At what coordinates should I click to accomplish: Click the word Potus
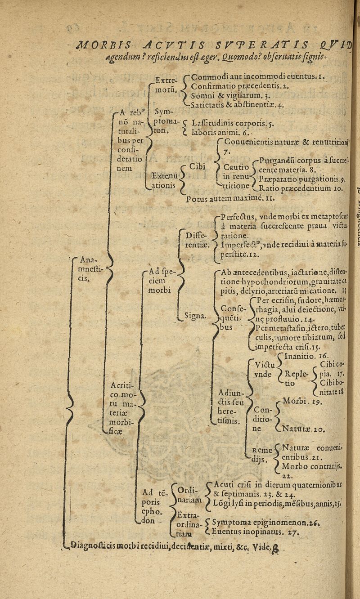click(196, 197)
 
